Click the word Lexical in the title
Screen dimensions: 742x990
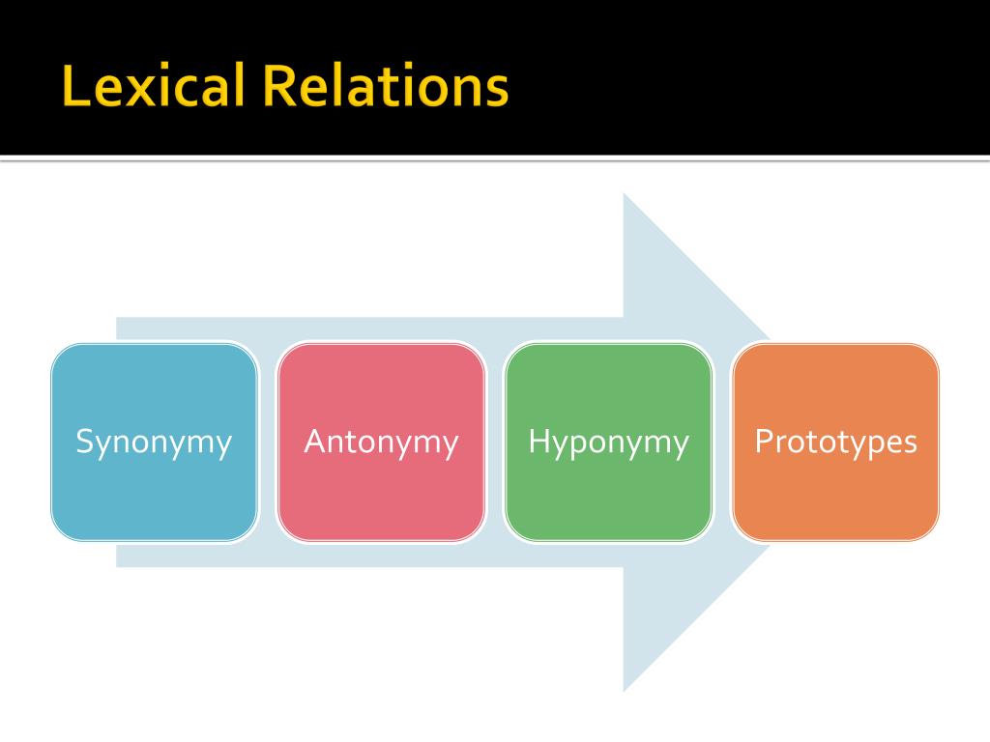tap(152, 86)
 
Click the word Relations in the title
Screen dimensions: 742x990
tap(384, 86)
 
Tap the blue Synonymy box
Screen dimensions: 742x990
tap(155, 483)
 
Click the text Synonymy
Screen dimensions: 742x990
tap(155, 442)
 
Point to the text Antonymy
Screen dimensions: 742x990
tap(381, 442)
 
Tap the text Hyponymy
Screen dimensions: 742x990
tap(609, 442)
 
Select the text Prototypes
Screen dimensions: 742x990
tap(835, 442)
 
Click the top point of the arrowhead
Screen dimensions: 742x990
tap(626, 196)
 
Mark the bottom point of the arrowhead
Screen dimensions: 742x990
tap(626, 689)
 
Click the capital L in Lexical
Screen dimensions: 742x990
tap(73, 86)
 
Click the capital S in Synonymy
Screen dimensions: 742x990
tap(84, 442)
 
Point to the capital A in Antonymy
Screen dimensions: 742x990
tap(314, 442)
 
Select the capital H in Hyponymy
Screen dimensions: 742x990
tap(539, 442)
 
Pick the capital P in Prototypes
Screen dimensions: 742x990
tap(764, 442)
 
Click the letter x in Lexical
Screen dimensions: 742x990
tap(130, 91)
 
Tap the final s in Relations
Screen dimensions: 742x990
tap(496, 91)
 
